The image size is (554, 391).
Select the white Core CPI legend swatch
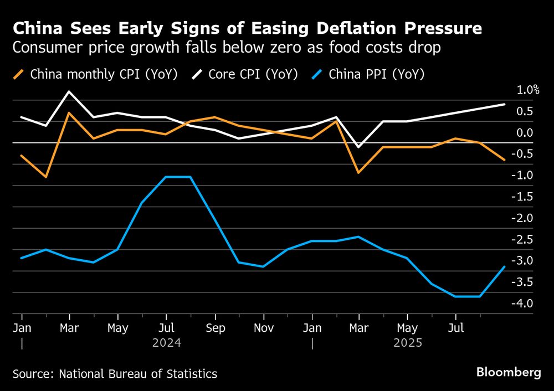(x=198, y=74)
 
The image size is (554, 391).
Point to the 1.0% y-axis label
(x=528, y=90)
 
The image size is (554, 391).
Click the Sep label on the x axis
(x=215, y=328)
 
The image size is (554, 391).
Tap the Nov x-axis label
(x=264, y=328)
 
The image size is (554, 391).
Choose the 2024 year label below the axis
(x=167, y=343)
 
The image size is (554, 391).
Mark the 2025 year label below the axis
(x=408, y=343)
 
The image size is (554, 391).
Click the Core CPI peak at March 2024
(x=69, y=92)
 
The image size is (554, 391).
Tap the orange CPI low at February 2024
(x=45, y=177)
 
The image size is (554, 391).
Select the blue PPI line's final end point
(x=505, y=266)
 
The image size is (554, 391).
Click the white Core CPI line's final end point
(x=505, y=104)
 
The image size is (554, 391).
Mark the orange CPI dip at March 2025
(x=359, y=173)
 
